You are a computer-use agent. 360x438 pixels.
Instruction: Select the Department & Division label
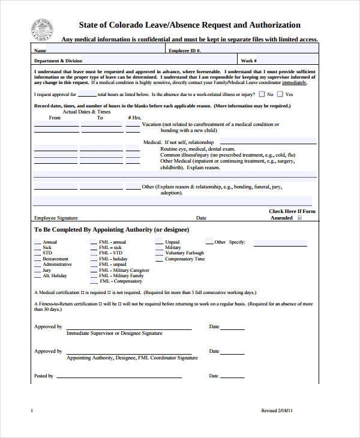tap(58, 61)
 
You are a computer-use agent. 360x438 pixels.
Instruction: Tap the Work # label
tap(248, 61)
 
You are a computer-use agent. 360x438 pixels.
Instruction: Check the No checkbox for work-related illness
tap(262, 94)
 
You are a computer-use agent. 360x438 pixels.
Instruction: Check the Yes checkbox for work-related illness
tap(280, 94)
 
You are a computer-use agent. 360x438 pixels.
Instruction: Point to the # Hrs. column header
tap(134, 118)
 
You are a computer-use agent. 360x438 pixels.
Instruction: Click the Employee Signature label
tap(56, 218)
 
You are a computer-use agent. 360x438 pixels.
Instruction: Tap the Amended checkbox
tap(300, 218)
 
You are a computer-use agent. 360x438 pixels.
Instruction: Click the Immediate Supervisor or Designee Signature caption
tap(114, 332)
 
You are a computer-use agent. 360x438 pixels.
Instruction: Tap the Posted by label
tap(44, 376)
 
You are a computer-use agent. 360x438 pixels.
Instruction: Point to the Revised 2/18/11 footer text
tap(277, 410)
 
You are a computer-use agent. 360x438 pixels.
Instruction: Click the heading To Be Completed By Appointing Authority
tap(112, 230)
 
